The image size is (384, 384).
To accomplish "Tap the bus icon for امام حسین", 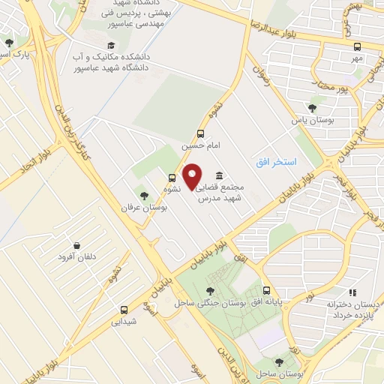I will pos(200,133).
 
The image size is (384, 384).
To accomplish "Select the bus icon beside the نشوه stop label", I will pos(172,178).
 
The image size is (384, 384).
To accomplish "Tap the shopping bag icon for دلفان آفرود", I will pos(77,245).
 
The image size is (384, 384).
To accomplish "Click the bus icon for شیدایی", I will pos(124,309).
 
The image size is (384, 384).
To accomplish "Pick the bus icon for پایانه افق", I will pos(265,291).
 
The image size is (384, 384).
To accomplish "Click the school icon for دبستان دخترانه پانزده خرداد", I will pos(349,293).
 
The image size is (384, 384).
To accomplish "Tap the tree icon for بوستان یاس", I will pos(312,108).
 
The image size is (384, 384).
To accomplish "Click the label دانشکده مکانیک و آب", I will pos(110,56).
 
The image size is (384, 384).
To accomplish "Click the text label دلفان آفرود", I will pos(78,257).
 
